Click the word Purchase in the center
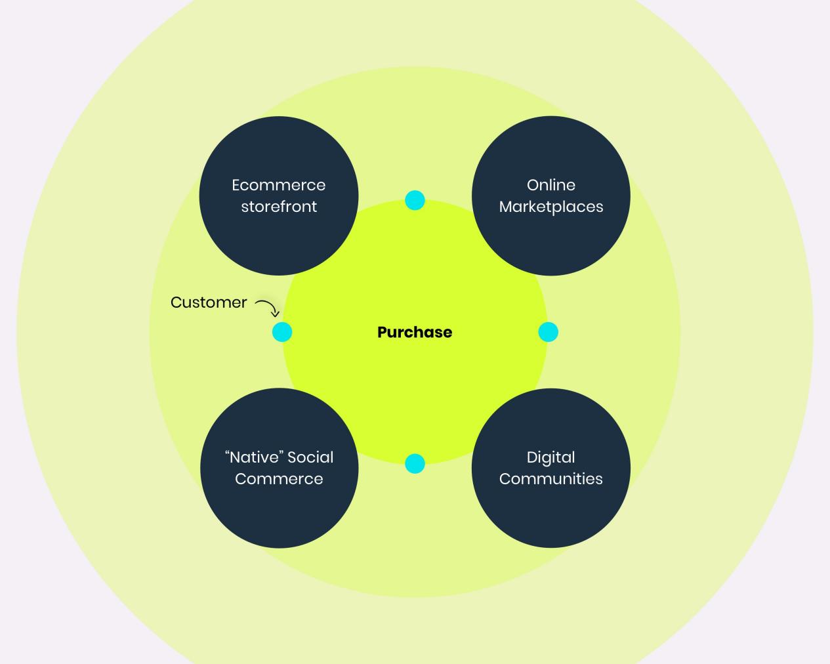[415, 332]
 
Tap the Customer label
[209, 302]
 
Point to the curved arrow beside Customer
[267, 307]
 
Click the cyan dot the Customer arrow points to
[282, 332]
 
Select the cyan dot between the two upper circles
[415, 200]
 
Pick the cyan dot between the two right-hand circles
[548, 332]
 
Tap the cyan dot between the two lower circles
[415, 464]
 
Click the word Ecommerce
[279, 185]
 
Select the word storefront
[279, 207]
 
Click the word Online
[551, 185]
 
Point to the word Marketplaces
[551, 207]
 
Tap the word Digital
[551, 457]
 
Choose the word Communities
[551, 479]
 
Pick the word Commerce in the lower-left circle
[279, 479]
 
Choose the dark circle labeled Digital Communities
[551, 515]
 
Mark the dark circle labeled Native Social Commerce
[279, 515]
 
